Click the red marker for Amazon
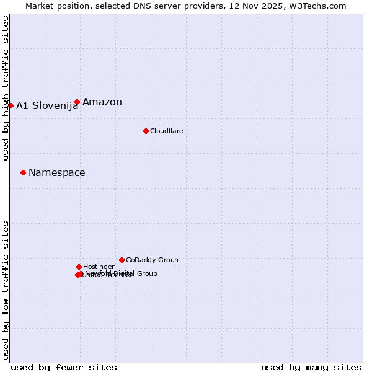pyautogui.click(x=77, y=102)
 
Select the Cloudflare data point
pyautogui.click(x=146, y=131)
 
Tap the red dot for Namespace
pyautogui.click(x=23, y=172)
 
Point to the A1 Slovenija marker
pyautogui.click(x=11, y=105)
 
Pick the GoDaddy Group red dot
pyautogui.click(x=122, y=260)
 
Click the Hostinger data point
pyautogui.click(x=79, y=267)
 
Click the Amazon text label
pyautogui.click(x=102, y=102)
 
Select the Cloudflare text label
pyautogui.click(x=166, y=131)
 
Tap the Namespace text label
pyautogui.click(x=57, y=173)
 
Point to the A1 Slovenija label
pyautogui.click(x=47, y=106)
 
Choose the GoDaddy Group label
pyautogui.click(x=152, y=260)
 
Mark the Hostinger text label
pyautogui.click(x=99, y=267)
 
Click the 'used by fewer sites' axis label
pyautogui.click(x=64, y=367)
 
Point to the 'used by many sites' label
pyautogui.click(x=311, y=367)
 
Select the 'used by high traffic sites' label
pyautogui.click(x=6, y=88)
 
